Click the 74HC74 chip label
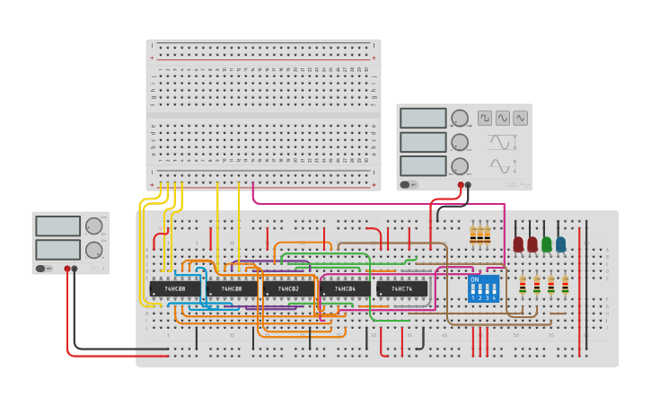click(x=401, y=289)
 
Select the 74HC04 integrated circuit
click(x=345, y=289)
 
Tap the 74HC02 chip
click(x=289, y=289)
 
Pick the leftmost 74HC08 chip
click(x=175, y=289)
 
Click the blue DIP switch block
click(x=483, y=288)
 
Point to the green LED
click(x=547, y=243)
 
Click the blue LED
click(x=561, y=243)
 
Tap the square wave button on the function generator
click(x=485, y=118)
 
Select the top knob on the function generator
click(x=460, y=118)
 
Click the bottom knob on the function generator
click(x=460, y=165)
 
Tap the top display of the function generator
click(x=423, y=118)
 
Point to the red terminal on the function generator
click(x=461, y=185)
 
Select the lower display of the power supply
click(x=58, y=249)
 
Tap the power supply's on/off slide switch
click(x=41, y=268)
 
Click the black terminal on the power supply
click(x=75, y=269)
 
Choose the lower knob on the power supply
click(x=93, y=250)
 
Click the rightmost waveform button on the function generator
click(x=521, y=118)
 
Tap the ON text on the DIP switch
click(x=474, y=279)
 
